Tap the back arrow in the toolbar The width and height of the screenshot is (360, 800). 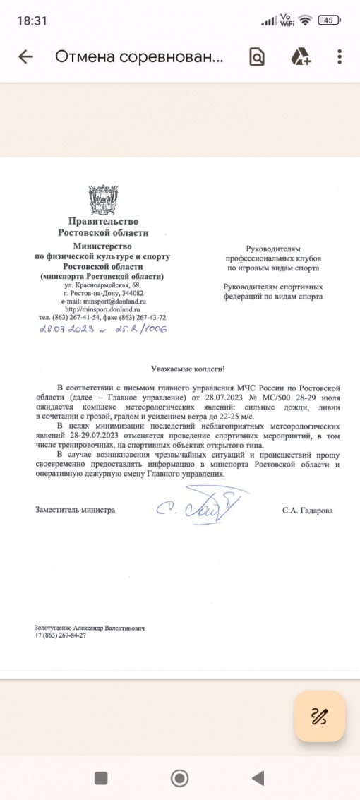(26, 57)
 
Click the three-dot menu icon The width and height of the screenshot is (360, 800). (340, 57)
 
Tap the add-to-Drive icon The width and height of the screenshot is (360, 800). (301, 57)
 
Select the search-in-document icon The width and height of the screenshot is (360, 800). (257, 57)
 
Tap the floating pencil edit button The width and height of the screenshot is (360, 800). (320, 717)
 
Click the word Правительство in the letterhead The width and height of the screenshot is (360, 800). (103, 222)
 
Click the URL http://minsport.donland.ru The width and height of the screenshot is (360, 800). (103, 309)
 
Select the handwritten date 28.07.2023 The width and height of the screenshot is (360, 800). (65, 329)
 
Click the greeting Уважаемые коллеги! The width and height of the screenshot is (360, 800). (182, 369)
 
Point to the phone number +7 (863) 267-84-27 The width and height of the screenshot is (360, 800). (60, 635)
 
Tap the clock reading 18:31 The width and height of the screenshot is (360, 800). (32, 20)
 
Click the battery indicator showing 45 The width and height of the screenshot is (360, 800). (329, 20)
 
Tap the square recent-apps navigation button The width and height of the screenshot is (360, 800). (101, 778)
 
